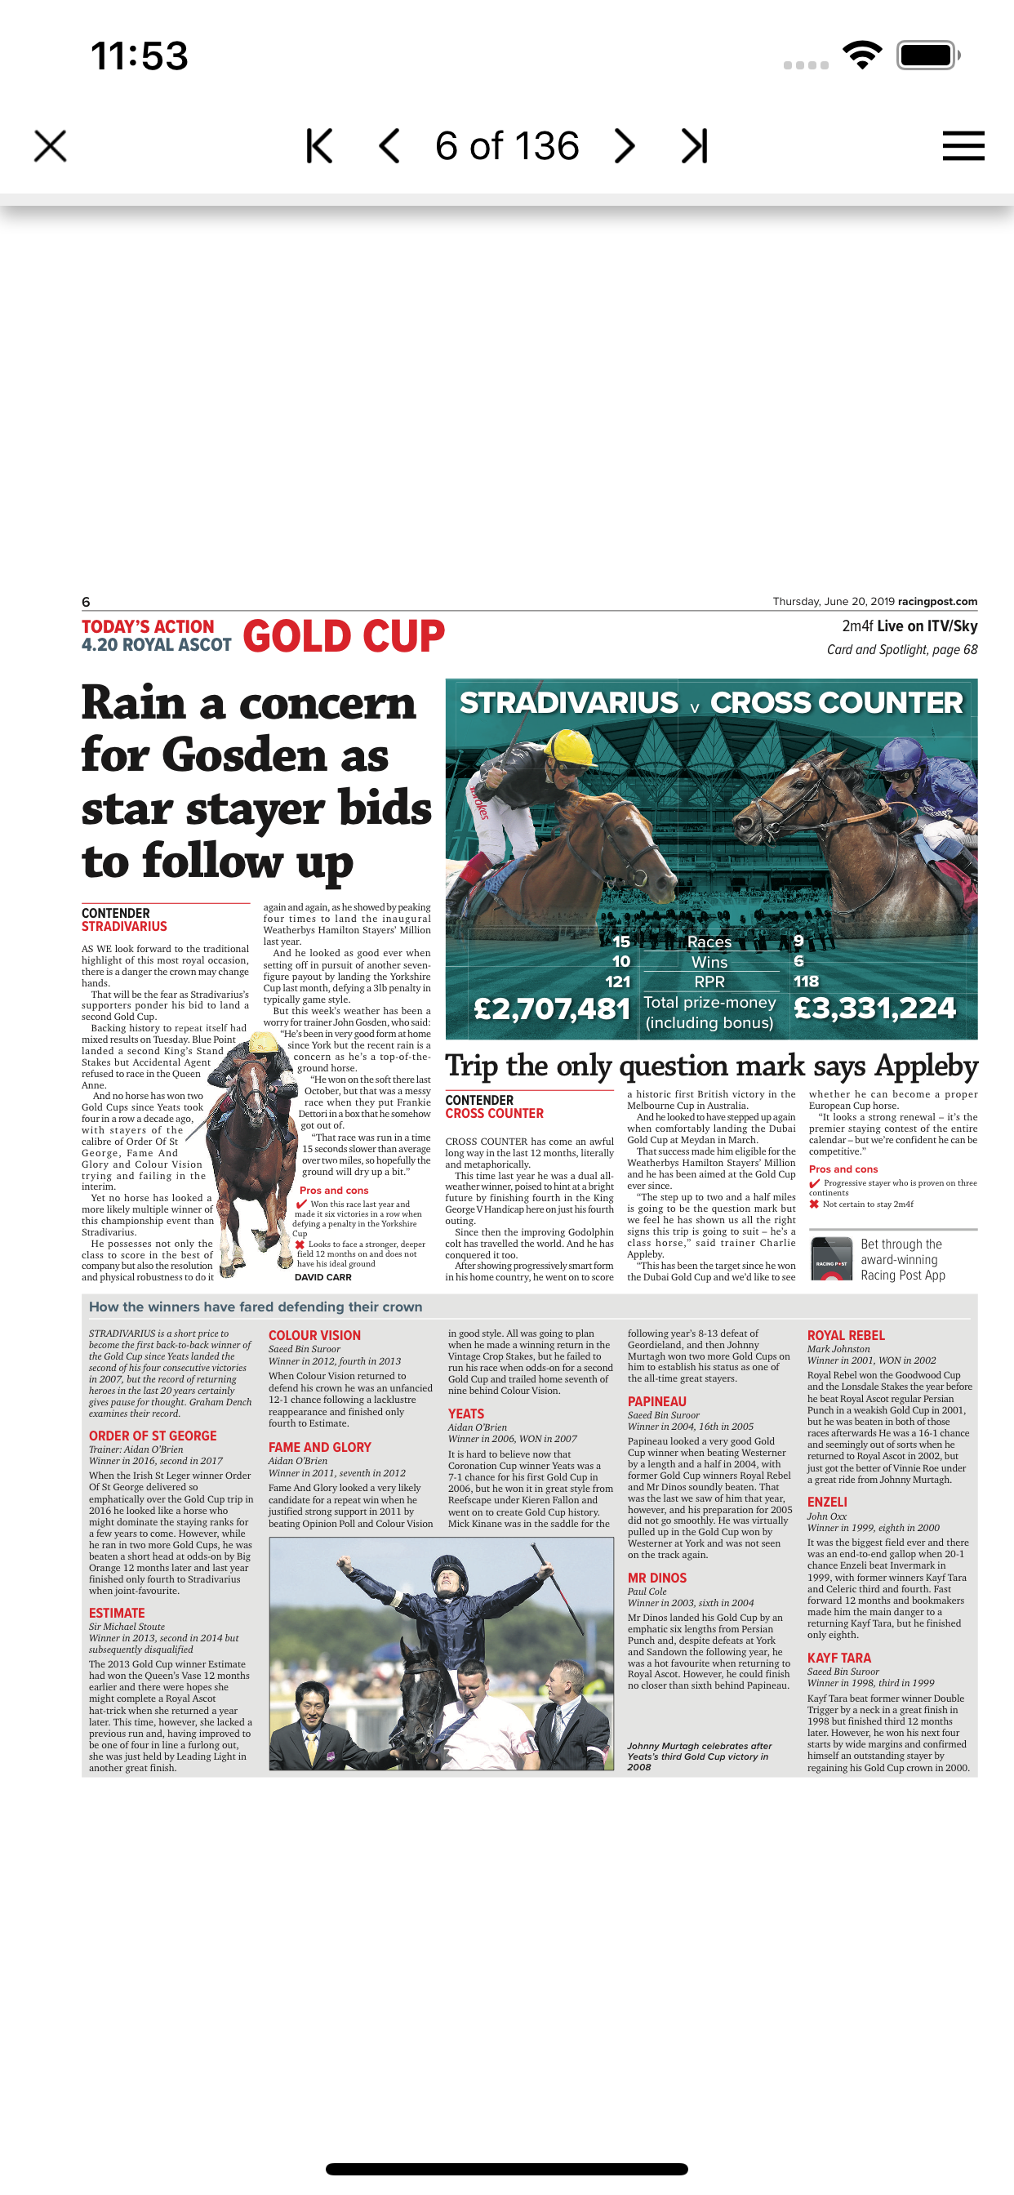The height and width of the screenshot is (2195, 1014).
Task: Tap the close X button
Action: click(x=51, y=145)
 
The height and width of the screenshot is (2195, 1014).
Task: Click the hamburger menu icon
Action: click(x=963, y=145)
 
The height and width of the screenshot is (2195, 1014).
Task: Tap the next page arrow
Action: click(x=625, y=145)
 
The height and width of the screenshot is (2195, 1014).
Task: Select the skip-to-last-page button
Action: click(x=695, y=145)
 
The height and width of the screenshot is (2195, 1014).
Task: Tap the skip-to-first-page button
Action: click(x=318, y=145)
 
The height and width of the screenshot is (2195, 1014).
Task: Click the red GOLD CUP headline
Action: click(x=344, y=636)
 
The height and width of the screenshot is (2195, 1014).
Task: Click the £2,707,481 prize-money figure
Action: click(x=551, y=1008)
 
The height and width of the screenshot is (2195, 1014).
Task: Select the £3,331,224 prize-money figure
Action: click(x=874, y=1008)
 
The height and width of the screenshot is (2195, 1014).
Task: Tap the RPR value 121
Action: click(x=618, y=982)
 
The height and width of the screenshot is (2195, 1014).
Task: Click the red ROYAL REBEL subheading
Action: click(x=845, y=1335)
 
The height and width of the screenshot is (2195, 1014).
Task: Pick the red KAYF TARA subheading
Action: click(x=838, y=1658)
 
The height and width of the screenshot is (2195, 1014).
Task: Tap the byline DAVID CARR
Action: click(x=323, y=1276)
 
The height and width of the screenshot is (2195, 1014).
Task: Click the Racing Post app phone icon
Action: click(x=831, y=1258)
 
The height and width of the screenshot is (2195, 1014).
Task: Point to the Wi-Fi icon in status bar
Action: click(x=861, y=56)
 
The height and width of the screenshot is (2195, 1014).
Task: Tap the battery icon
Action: click(x=928, y=56)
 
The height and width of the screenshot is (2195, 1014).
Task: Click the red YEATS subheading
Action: click(x=465, y=1414)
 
